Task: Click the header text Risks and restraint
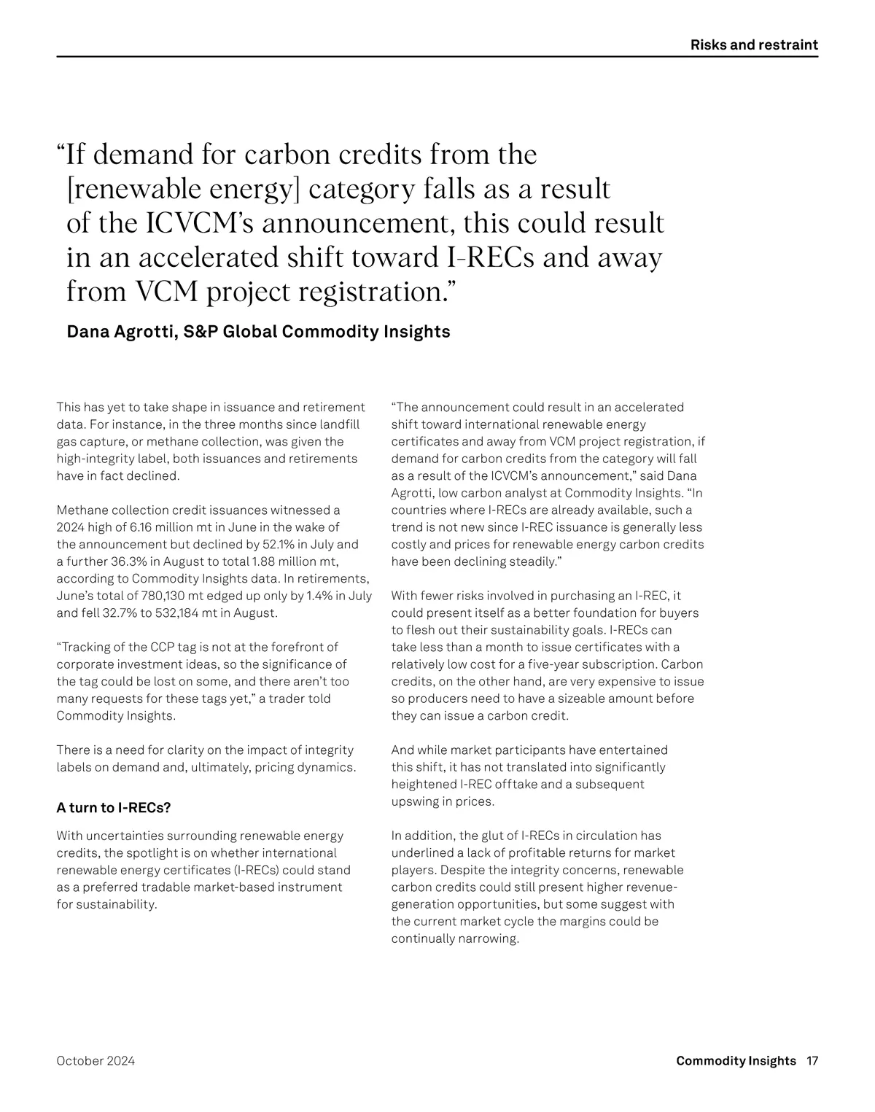[754, 45]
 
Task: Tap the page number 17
[812, 1061]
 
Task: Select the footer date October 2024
[96, 1061]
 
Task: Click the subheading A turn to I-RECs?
[114, 808]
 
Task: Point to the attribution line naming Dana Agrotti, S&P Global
[258, 332]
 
